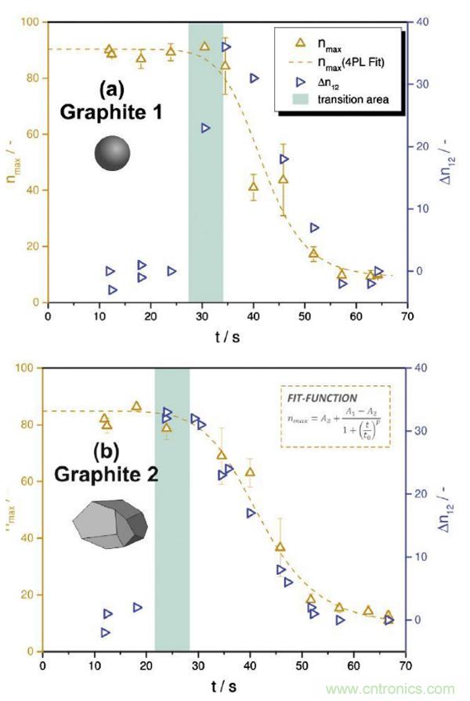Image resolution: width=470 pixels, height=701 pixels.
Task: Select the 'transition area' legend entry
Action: point(352,99)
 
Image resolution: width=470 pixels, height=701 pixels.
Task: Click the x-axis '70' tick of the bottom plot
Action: point(406,665)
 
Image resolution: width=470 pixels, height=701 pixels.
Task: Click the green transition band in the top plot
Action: point(206,196)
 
